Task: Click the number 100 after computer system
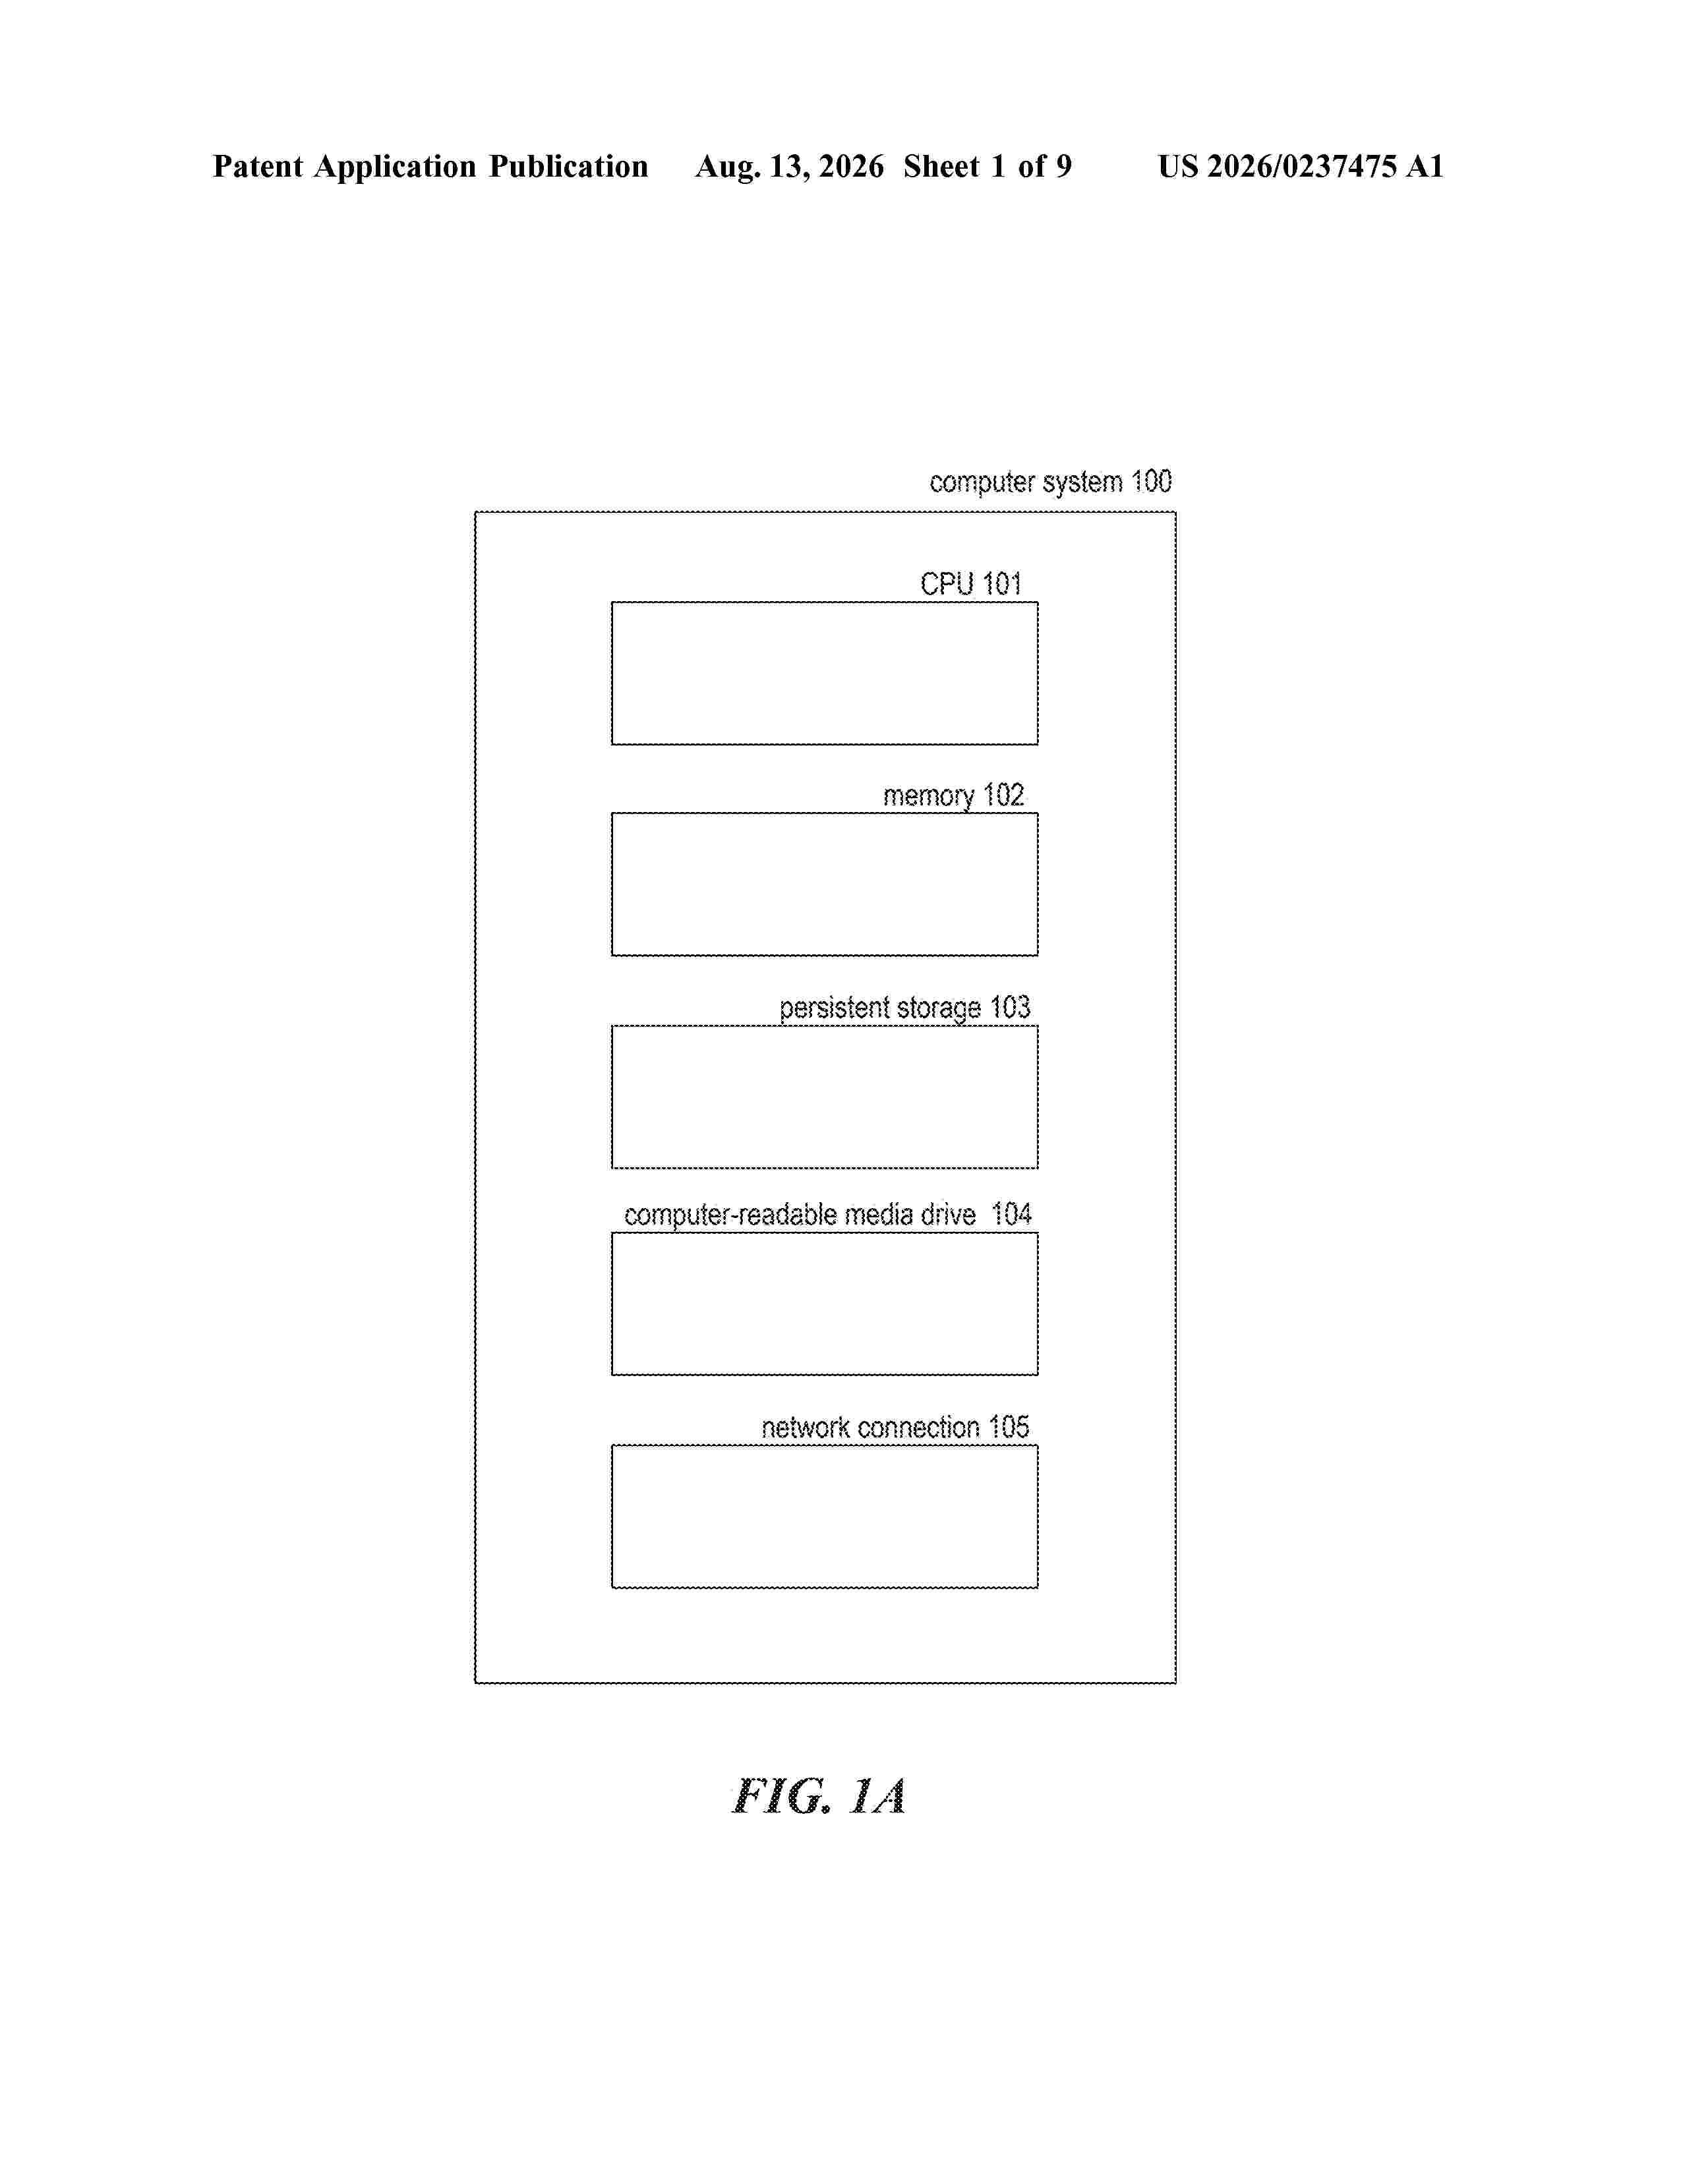pyautogui.click(x=1151, y=482)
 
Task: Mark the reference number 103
pyautogui.click(x=1010, y=1007)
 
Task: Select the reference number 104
pyautogui.click(x=1011, y=1214)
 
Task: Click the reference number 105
pyautogui.click(x=1009, y=1427)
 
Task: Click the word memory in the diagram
pyautogui.click(x=928, y=797)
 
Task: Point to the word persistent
pyautogui.click(x=835, y=1008)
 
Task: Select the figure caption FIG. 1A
pyautogui.click(x=819, y=1797)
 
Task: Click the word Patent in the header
pyautogui.click(x=258, y=166)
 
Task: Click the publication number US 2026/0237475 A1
pyautogui.click(x=1301, y=166)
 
